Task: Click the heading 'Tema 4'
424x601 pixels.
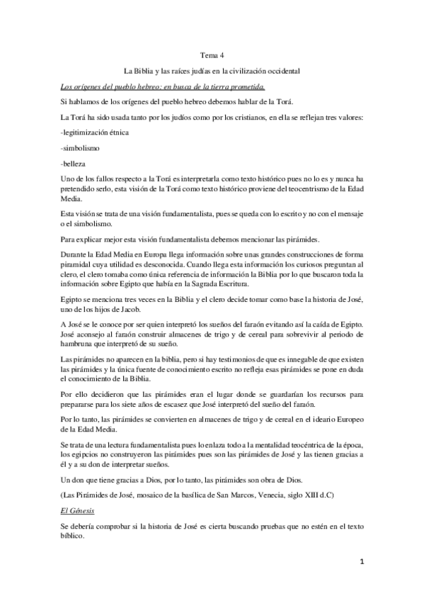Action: pos(212,55)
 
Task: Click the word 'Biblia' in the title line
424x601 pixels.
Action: pos(147,72)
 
